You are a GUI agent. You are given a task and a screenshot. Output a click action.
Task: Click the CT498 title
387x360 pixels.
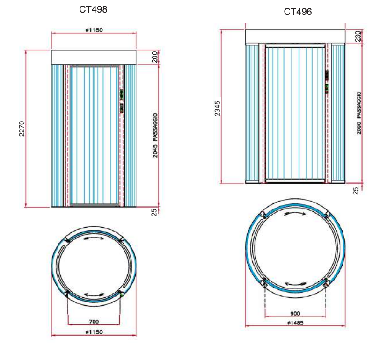[93, 9]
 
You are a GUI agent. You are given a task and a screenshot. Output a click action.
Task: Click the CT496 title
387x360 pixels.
[298, 12]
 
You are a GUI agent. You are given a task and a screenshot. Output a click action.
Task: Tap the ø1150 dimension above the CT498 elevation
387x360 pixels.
[94, 30]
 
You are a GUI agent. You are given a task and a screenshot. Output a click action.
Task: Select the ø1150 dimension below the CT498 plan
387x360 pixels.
[94, 332]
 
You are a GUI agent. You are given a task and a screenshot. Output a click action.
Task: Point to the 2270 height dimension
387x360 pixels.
[22, 128]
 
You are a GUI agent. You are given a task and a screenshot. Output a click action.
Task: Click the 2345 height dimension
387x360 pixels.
[217, 108]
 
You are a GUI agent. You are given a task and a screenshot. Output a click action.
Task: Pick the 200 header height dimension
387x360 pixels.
[154, 57]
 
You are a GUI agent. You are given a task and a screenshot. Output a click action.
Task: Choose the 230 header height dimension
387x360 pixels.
[358, 36]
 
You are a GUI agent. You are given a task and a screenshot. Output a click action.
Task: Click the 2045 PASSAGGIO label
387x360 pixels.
[155, 135]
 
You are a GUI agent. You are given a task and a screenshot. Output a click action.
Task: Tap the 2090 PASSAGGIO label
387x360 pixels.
[359, 113]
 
